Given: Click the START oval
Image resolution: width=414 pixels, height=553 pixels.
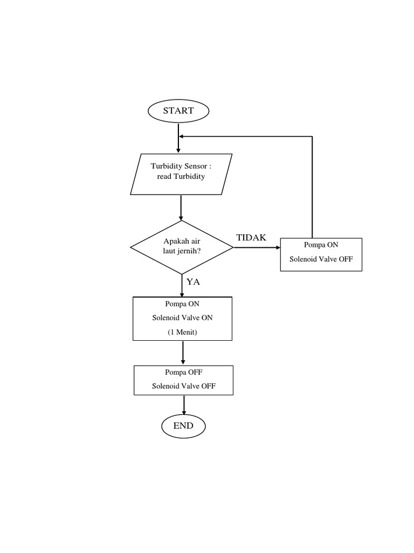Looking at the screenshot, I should coord(178,111).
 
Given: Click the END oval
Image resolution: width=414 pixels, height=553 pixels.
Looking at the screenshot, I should coord(183,426).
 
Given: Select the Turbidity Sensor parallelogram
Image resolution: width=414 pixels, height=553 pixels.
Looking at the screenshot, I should coord(181,174).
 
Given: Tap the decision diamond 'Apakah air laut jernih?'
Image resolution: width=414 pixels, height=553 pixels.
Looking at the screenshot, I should coord(182,247).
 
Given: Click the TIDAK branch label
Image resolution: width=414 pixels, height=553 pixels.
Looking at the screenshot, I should coord(251,238).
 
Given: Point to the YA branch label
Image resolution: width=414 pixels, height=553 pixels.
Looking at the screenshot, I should coord(194,281).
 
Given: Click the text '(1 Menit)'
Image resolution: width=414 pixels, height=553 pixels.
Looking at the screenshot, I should coord(182,332).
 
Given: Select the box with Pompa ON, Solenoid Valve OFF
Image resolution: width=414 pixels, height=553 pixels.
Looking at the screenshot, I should coord(321,254).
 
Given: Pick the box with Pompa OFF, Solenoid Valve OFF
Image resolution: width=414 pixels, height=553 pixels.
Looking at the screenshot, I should coord(184,380).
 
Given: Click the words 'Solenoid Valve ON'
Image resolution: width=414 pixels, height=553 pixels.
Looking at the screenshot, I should coord(182,318).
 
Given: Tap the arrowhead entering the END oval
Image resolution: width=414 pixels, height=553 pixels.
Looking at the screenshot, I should coord(184,413).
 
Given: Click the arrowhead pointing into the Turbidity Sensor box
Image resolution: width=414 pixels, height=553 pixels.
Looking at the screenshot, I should coord(178,150).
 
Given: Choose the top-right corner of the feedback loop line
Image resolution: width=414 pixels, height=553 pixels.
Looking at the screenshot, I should coord(313,136).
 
